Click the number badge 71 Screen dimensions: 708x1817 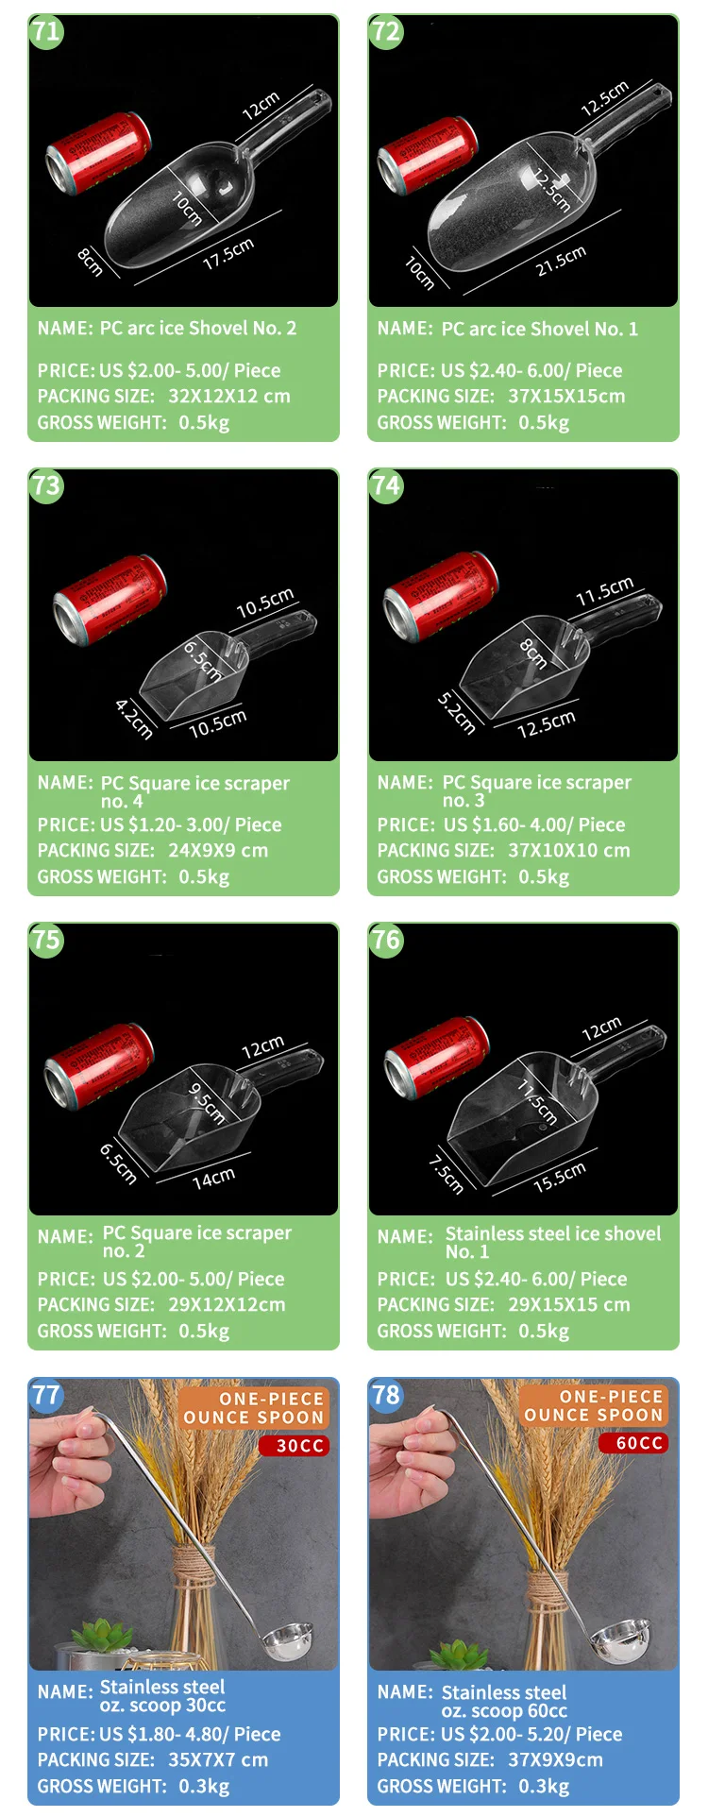click(45, 31)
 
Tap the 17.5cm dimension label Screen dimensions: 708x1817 click(228, 253)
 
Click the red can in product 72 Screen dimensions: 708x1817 click(428, 154)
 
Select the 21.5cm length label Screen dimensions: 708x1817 click(561, 261)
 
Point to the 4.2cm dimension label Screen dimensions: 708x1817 click(134, 718)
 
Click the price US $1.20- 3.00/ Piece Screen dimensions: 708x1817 click(191, 824)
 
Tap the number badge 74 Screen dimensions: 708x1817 click(385, 485)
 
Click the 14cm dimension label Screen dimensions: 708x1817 click(213, 1178)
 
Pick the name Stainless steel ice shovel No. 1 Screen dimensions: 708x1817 click(553, 1242)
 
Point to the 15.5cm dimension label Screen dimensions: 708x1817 click(560, 1178)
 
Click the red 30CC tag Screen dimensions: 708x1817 click(295, 1446)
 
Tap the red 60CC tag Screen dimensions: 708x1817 click(634, 1443)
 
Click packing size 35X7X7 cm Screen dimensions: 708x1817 click(218, 1759)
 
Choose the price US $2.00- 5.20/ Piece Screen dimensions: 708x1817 click(531, 1734)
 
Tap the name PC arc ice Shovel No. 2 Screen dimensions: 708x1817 click(198, 328)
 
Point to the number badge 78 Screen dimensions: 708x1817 click(385, 1395)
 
